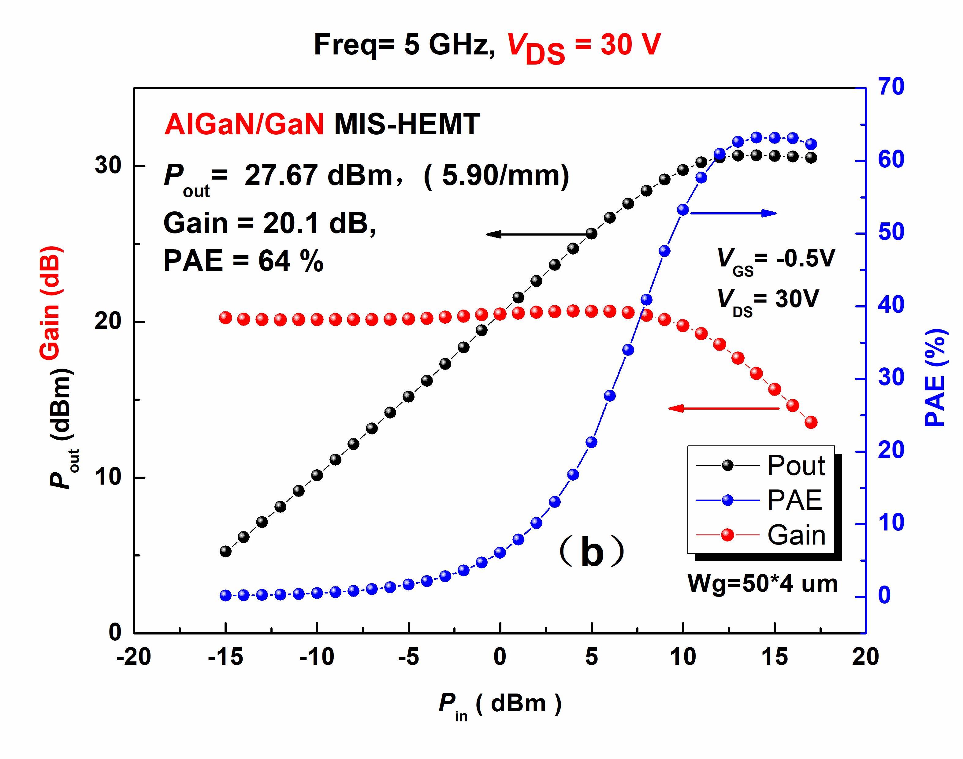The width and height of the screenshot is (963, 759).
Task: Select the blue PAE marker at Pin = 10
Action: click(683, 210)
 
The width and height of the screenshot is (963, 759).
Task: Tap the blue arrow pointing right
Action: click(733, 213)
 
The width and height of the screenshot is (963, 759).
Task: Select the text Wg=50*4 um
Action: click(762, 583)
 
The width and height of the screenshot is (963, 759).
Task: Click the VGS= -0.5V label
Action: click(776, 259)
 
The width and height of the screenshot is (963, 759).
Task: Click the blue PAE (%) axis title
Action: click(937, 378)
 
